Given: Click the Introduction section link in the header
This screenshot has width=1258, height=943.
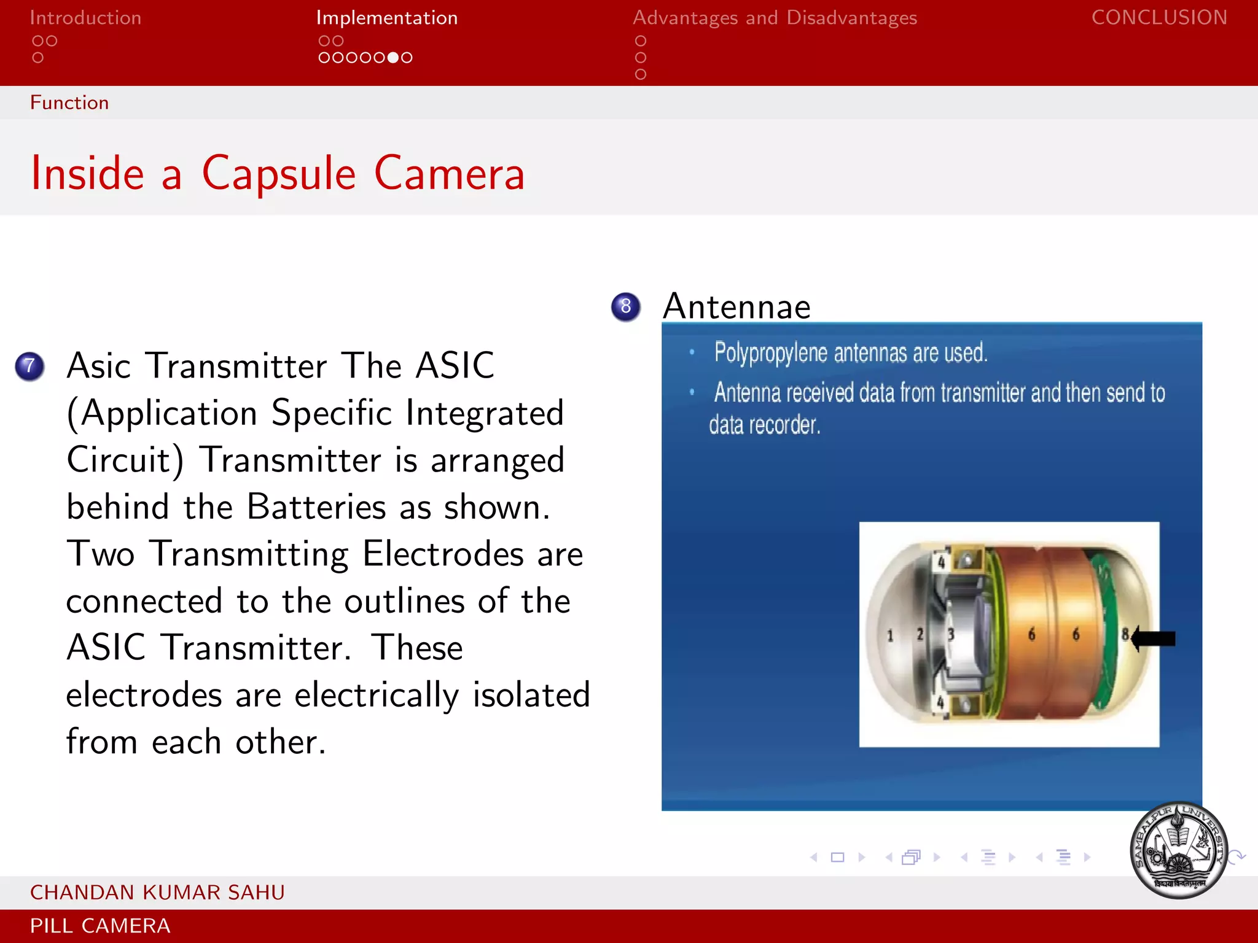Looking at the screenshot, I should point(85,18).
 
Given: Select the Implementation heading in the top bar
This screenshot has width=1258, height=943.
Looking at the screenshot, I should point(386,18).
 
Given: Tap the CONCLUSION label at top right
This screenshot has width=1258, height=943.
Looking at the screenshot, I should point(1159,17).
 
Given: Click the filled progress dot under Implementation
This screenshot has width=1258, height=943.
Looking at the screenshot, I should point(393,58).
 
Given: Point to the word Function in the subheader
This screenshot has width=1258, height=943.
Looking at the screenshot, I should point(69,103).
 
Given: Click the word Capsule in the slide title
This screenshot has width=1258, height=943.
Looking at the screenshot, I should point(279,174).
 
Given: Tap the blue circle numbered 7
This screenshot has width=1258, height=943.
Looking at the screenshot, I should point(29,367).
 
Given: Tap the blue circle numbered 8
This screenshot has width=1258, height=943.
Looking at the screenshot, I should point(625,306).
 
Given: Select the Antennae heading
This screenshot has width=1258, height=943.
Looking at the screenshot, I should point(736,306).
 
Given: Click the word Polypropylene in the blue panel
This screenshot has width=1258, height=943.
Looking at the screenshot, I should point(770,353).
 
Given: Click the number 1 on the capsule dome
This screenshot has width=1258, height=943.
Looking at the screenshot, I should point(890,635).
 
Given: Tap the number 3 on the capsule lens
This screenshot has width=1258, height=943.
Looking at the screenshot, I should point(950,634).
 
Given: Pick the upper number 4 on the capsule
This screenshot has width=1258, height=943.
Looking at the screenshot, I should point(941,562).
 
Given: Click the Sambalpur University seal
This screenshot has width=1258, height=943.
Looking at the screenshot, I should point(1178,850).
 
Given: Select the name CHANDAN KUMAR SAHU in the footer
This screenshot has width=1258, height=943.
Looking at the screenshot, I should point(157,892).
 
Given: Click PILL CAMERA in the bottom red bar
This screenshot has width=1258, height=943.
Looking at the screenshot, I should point(100,926).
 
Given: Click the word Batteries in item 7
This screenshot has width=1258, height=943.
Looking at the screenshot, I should point(316,507).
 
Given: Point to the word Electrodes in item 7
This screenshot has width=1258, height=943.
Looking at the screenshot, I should point(442,554).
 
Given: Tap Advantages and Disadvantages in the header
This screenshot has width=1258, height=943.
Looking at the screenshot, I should point(775,18).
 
